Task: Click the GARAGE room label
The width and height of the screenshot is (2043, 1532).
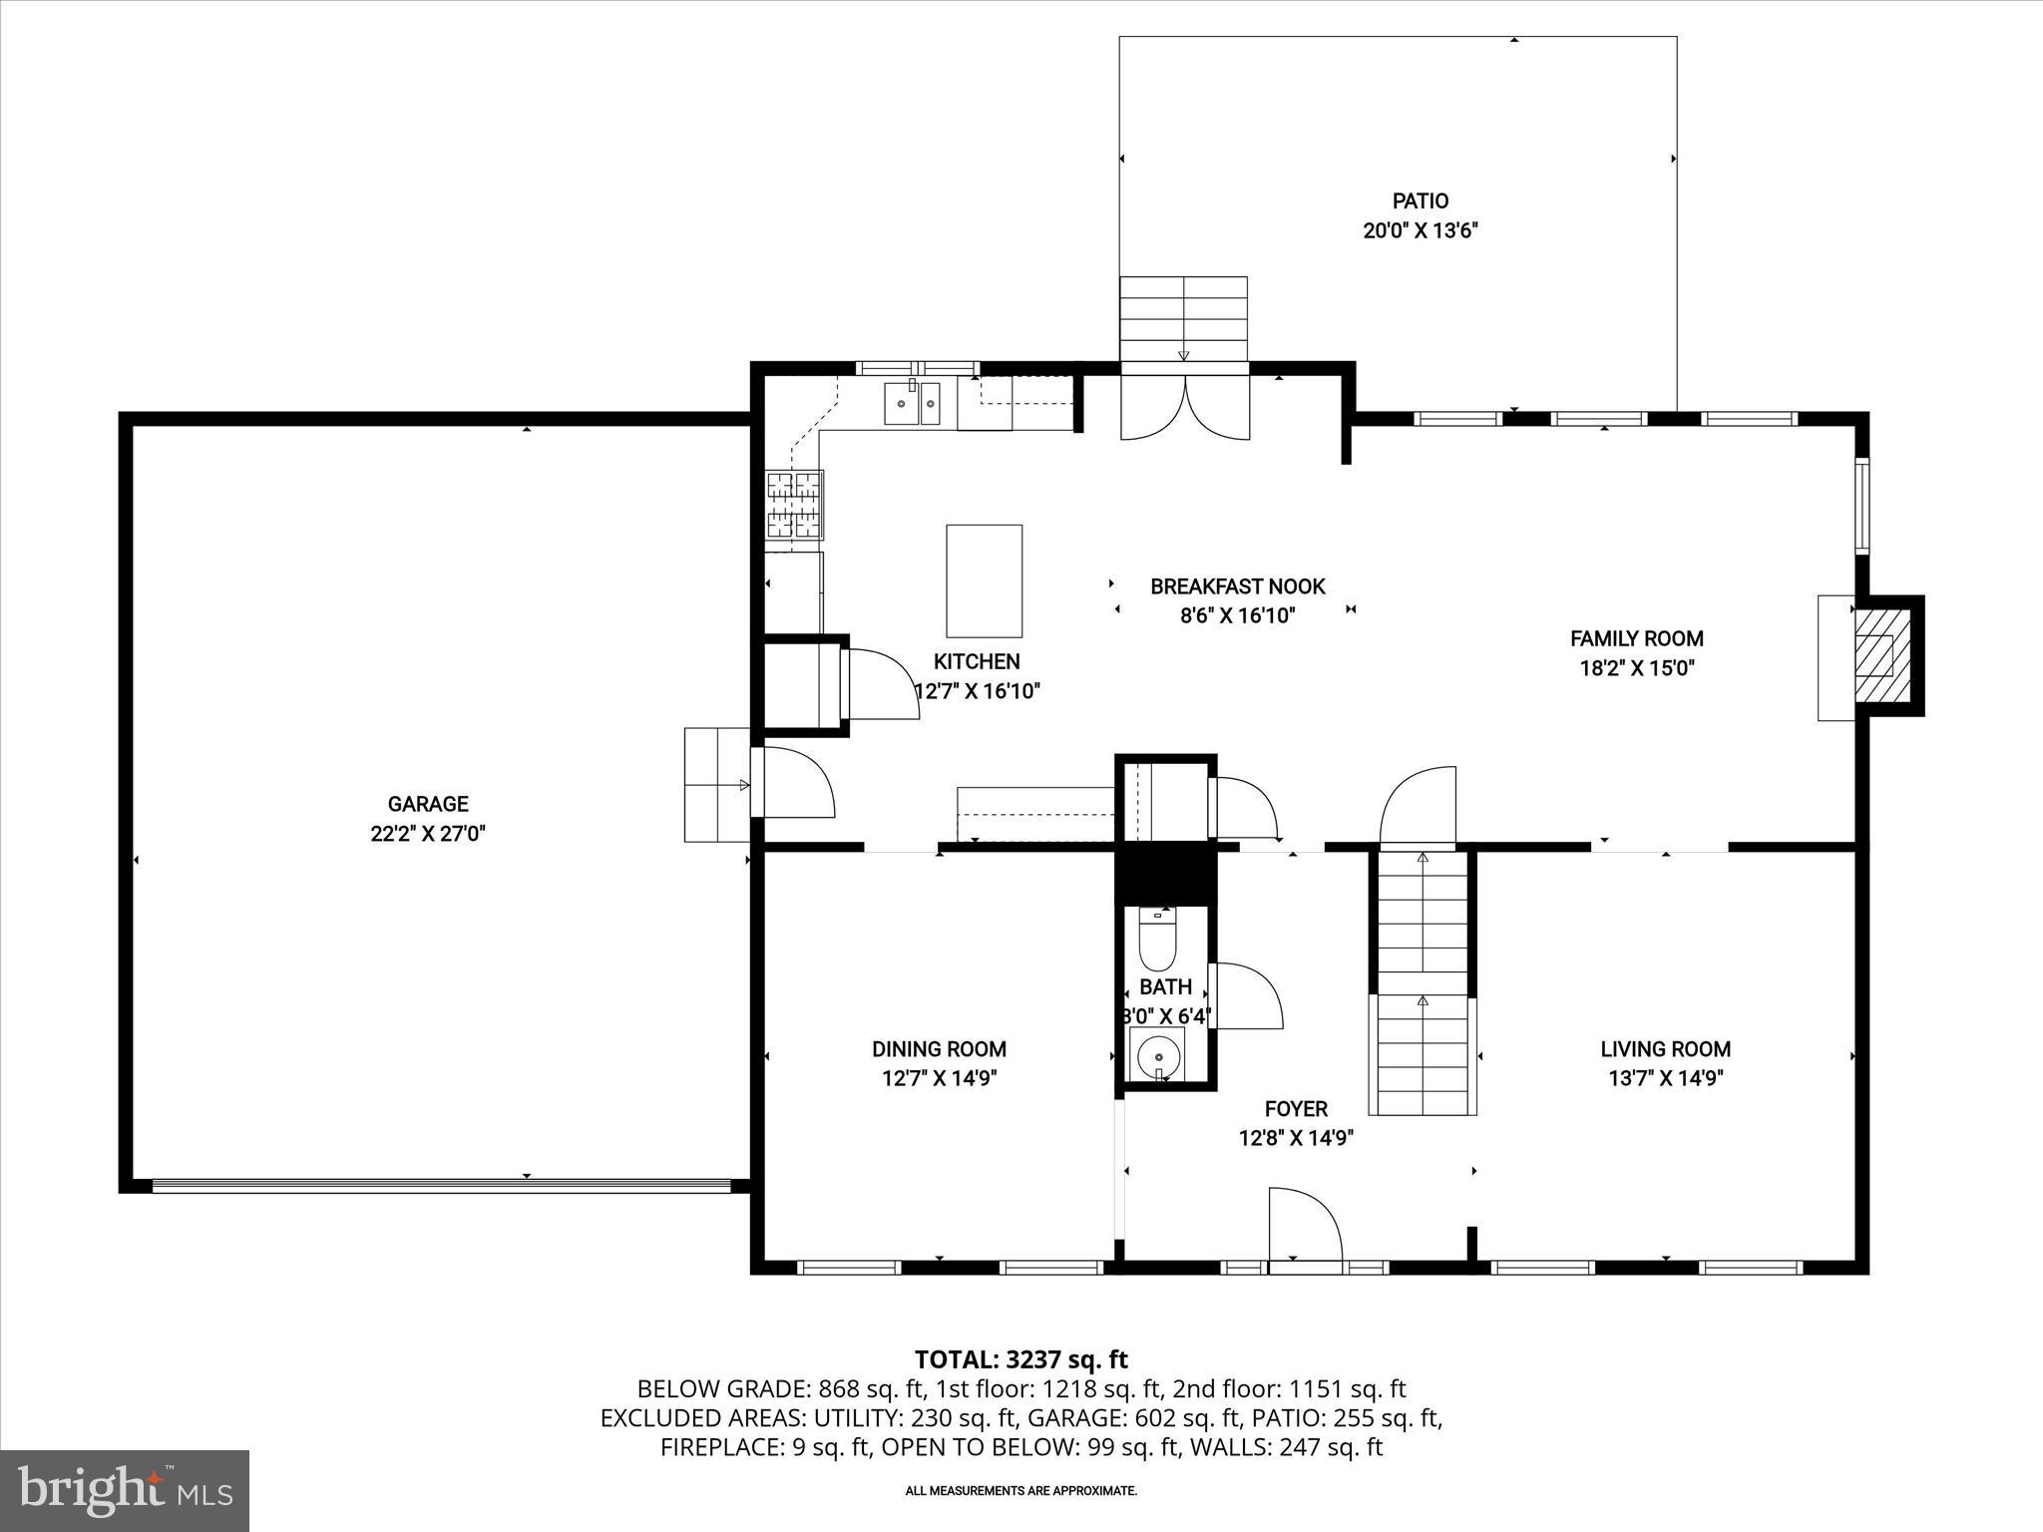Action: click(428, 804)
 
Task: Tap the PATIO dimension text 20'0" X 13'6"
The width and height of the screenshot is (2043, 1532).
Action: click(1420, 231)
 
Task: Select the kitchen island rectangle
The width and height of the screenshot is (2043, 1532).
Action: click(984, 580)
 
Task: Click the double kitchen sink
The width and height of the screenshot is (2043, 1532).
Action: click(912, 404)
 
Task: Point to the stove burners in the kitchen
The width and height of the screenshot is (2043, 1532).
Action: click(794, 505)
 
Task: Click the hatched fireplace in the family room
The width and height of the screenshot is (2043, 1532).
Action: click(1874, 656)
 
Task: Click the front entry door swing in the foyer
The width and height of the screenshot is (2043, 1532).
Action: click(1304, 1225)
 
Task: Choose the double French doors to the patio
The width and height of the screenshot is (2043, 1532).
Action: click(1185, 407)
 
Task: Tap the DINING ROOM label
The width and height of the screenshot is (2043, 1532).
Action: click(939, 1049)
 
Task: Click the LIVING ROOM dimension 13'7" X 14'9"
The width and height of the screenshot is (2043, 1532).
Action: click(1665, 1078)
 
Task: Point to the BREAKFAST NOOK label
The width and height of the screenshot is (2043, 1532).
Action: click(1237, 586)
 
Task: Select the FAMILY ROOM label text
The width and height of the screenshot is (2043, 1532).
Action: click(1636, 638)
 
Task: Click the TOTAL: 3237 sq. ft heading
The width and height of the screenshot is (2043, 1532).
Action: click(1021, 1359)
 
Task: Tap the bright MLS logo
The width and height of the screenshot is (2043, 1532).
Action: click(125, 1490)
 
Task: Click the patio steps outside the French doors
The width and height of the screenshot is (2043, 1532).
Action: click(1184, 318)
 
